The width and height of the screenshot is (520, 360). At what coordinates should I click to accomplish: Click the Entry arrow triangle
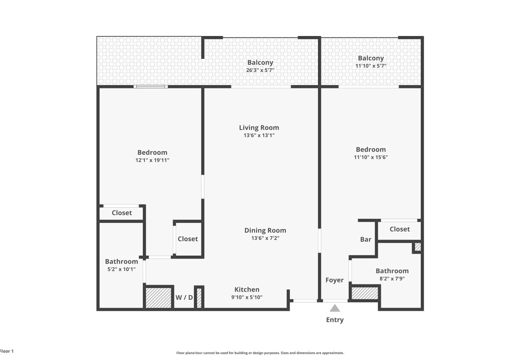(335, 308)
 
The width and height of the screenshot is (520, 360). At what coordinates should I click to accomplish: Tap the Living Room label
(259, 128)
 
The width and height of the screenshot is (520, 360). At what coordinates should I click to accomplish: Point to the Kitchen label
(247, 290)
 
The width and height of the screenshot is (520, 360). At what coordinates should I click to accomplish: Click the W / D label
(184, 297)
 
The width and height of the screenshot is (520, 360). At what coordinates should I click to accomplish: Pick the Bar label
(366, 240)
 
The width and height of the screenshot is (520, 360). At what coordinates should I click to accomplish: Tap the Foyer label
(334, 280)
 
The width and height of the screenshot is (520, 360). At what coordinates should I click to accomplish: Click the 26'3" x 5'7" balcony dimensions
(260, 70)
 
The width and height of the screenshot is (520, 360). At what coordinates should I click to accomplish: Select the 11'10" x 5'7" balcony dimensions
(371, 66)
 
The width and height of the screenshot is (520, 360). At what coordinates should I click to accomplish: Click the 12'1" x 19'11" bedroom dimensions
(152, 160)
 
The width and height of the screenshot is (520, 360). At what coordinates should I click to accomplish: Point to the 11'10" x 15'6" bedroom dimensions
(371, 157)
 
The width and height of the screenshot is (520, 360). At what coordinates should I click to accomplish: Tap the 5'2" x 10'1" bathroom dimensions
(122, 269)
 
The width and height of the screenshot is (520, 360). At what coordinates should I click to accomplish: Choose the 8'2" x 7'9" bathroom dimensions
(392, 278)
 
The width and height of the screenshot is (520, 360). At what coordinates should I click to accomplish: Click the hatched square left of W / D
(158, 298)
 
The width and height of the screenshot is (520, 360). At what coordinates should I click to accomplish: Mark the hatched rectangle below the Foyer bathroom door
(365, 293)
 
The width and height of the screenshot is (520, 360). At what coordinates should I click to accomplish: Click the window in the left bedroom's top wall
(151, 86)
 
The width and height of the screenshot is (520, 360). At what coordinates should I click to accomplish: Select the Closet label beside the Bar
(400, 229)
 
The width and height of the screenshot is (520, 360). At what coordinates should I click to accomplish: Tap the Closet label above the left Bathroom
(122, 213)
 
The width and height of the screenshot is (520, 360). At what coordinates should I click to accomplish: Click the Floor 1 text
(7, 351)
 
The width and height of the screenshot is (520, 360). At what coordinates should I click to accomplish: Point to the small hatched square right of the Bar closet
(418, 247)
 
